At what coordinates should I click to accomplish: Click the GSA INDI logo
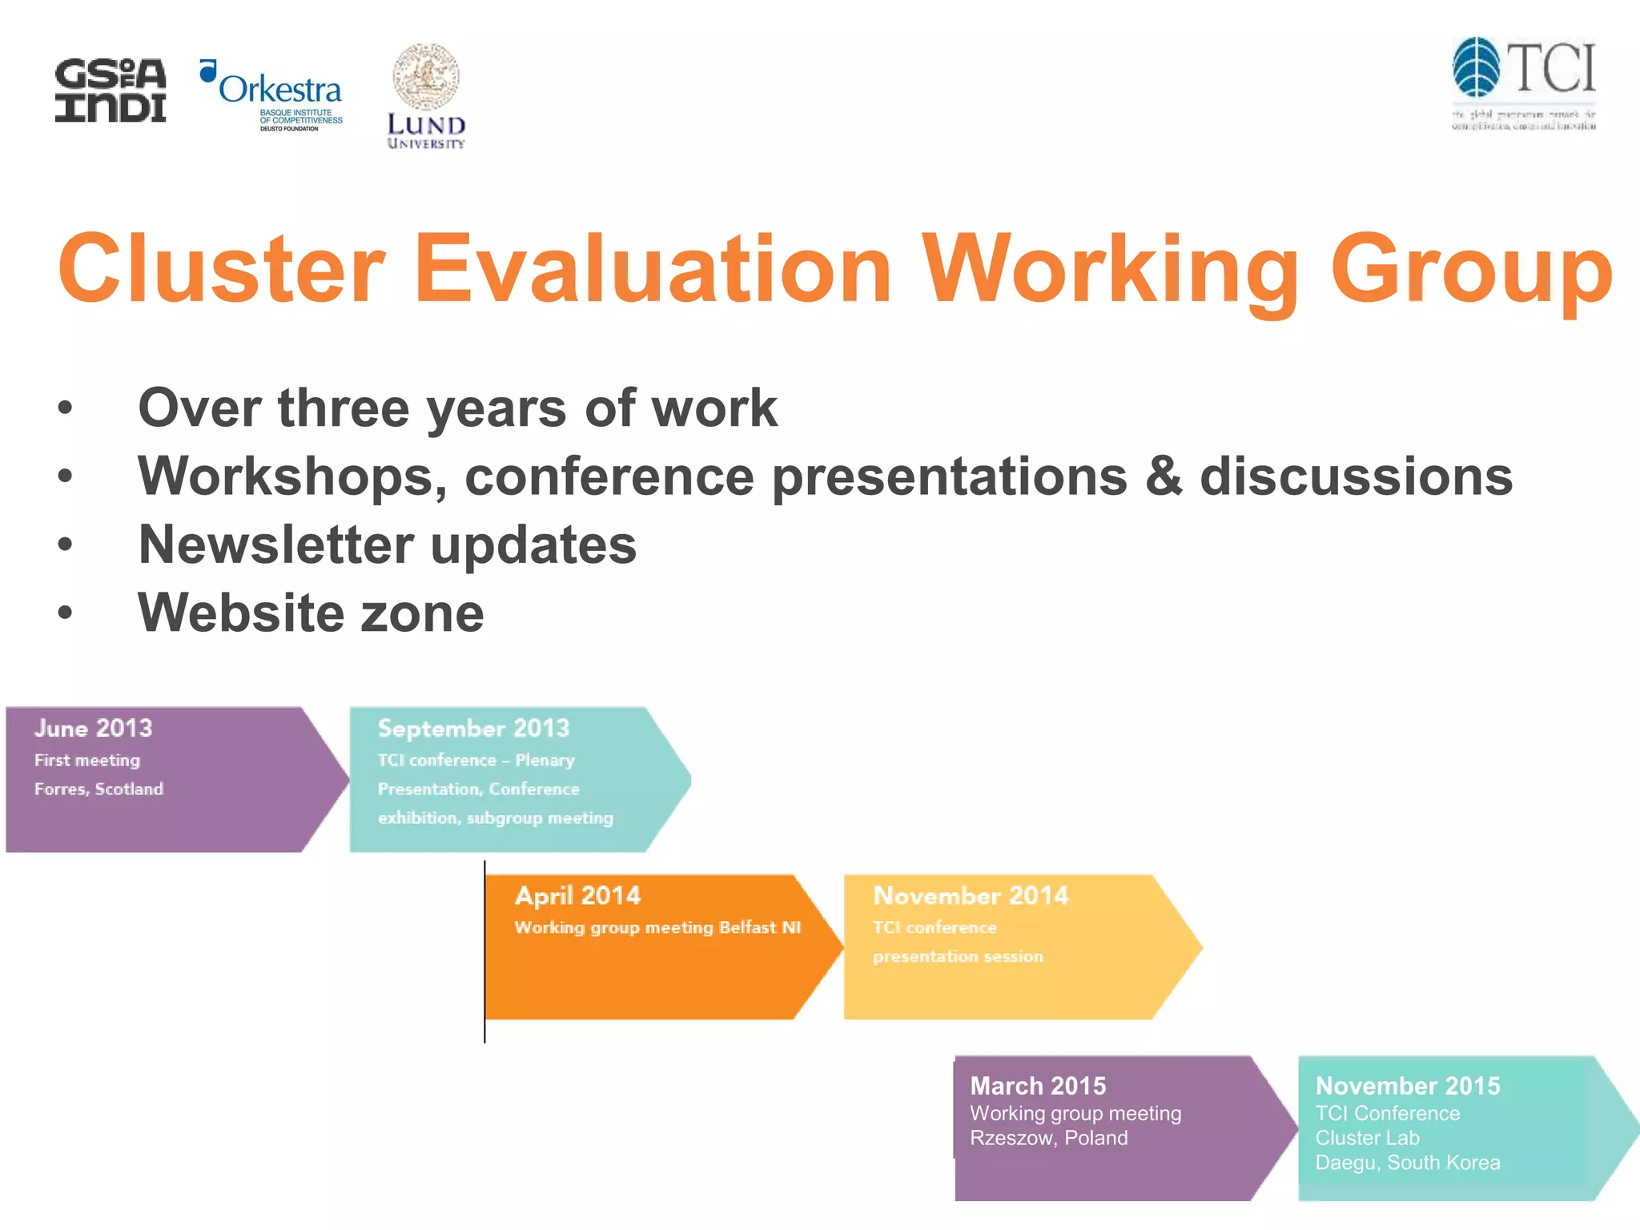pos(111,90)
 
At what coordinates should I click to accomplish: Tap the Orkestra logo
pos(272,94)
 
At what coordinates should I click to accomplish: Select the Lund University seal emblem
pos(425,77)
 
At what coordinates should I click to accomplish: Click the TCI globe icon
pos(1476,67)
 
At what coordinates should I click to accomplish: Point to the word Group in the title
pos(1471,271)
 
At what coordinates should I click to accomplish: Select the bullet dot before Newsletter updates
pos(65,545)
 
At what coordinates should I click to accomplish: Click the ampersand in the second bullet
pos(1163,476)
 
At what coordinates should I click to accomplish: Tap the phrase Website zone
pos(311,613)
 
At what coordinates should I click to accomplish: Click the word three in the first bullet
pos(344,408)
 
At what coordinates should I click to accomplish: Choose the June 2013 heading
pos(93,728)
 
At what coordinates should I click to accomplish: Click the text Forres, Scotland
pos(98,789)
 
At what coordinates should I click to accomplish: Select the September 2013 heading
pos(473,728)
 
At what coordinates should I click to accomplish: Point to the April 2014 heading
pos(577,895)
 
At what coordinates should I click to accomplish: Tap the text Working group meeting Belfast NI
pos(657,927)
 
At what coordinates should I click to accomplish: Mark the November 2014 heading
pos(970,895)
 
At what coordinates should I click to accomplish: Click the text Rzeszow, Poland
pos(1048,1138)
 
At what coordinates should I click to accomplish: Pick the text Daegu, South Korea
pos(1407,1163)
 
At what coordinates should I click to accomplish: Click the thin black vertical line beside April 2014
pos(484,953)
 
